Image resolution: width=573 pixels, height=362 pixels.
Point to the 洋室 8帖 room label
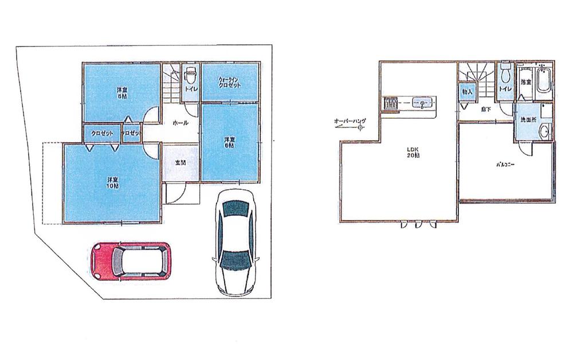tap(122, 92)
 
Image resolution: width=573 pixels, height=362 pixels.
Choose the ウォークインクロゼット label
tap(229, 82)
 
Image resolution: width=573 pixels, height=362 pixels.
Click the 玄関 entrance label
tap(180, 163)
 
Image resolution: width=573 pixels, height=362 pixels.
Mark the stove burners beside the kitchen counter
tap(390, 104)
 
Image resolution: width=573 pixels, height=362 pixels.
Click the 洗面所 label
tap(527, 121)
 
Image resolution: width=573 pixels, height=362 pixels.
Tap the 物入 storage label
tap(467, 92)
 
